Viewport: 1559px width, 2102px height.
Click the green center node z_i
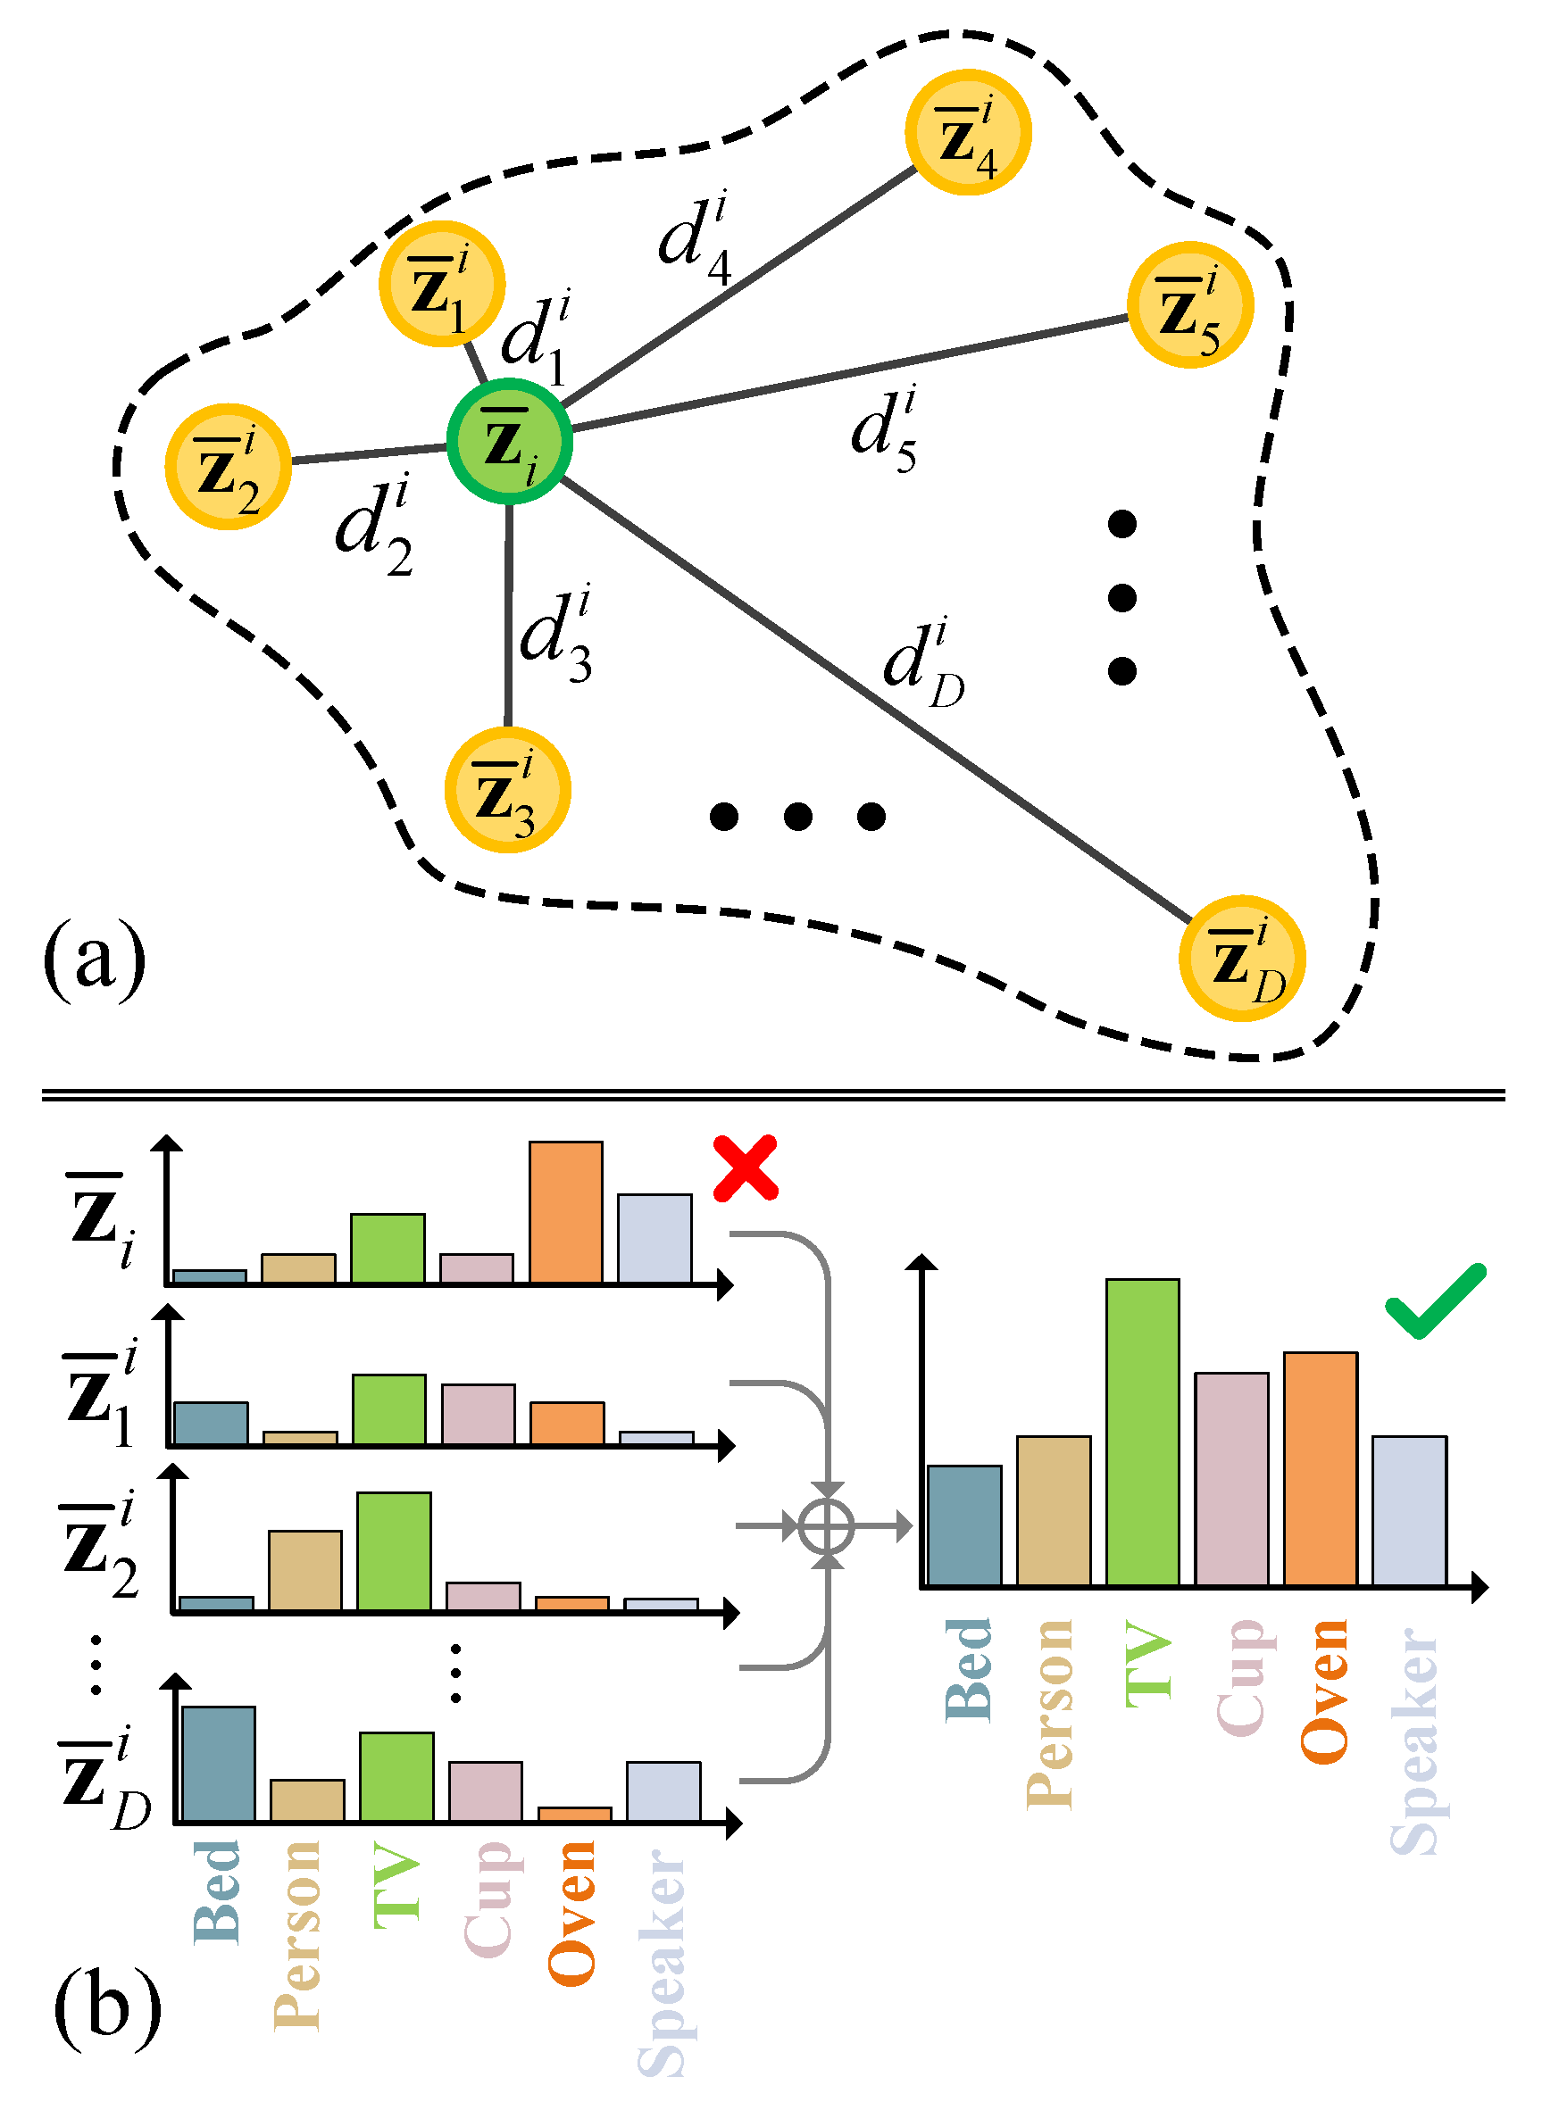(509, 442)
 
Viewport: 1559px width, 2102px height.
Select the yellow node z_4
(967, 132)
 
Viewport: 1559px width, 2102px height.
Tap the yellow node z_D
(1242, 958)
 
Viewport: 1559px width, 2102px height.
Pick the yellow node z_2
(228, 466)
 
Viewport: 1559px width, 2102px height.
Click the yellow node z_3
(508, 791)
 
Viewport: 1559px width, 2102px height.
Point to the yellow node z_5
(1190, 304)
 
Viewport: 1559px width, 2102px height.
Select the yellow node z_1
(442, 284)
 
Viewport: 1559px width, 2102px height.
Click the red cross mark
(746, 1168)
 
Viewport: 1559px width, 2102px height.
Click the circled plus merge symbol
(827, 1525)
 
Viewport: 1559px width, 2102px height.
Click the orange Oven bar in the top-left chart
(565, 1212)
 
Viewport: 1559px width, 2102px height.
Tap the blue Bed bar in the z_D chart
(218, 1764)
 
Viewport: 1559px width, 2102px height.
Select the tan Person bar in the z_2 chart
(304, 1570)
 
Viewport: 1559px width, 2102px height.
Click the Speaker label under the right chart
(1415, 1741)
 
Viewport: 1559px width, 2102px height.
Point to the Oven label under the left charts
(571, 1913)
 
